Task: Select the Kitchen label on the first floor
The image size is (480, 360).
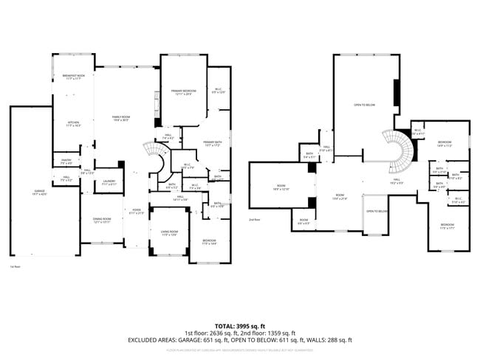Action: (74, 124)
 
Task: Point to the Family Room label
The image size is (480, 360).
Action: (121, 119)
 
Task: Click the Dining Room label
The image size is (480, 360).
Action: (102, 220)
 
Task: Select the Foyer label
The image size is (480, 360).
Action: (137, 211)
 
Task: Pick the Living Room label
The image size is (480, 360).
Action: (170, 234)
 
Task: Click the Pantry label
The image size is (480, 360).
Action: (65, 162)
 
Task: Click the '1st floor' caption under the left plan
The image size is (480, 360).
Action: (16, 267)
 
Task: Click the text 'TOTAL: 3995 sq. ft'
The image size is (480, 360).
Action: (241, 325)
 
